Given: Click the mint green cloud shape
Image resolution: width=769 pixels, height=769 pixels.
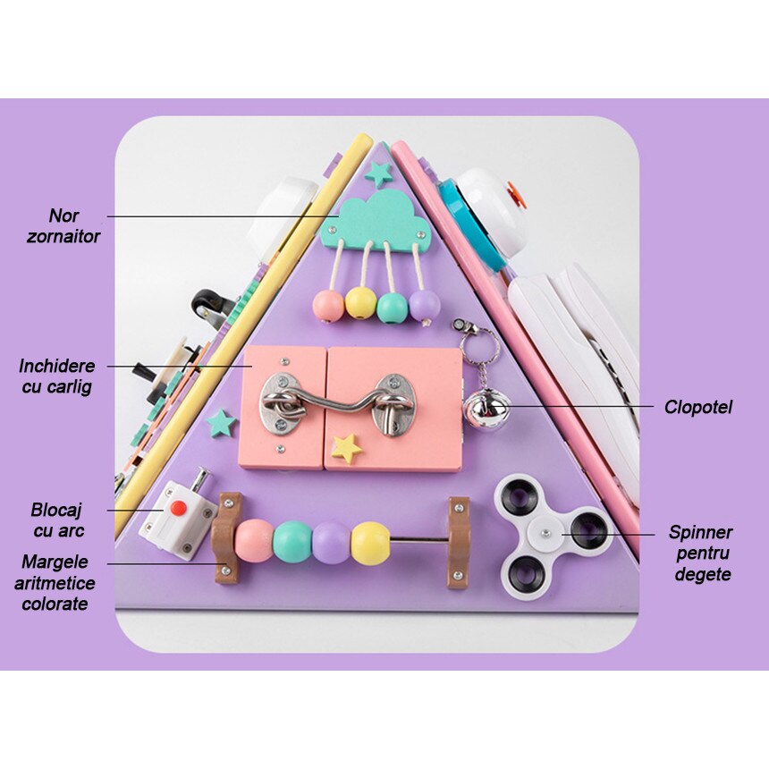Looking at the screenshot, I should tap(376, 220).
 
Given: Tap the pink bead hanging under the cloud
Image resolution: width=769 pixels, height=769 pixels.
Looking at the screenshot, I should tap(328, 306).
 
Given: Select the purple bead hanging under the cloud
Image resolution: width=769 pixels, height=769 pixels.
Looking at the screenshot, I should tap(424, 305).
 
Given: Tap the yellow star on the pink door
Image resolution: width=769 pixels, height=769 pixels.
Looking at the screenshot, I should tap(345, 447).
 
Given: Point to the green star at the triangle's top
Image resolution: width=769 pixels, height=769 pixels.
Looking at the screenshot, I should tap(379, 173).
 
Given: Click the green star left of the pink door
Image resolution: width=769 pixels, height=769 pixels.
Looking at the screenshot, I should tap(220, 422).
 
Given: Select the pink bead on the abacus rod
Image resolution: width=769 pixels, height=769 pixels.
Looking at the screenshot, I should tap(254, 540).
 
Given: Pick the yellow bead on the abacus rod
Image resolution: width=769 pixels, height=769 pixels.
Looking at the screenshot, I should tap(370, 543).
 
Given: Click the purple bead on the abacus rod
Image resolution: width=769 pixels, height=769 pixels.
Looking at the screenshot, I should tap(331, 542).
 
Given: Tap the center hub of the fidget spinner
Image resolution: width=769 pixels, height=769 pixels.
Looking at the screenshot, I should tap(545, 534).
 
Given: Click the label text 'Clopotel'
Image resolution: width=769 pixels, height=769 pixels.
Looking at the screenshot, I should tap(697, 408).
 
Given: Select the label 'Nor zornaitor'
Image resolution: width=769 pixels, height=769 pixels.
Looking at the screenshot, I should tap(75, 226).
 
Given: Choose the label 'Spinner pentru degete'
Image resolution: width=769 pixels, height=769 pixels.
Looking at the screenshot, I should tap(700, 554).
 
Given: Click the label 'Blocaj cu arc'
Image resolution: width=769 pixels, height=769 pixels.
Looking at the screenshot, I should tap(56, 519).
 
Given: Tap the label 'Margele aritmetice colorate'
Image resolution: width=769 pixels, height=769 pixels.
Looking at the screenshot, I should tap(56, 582).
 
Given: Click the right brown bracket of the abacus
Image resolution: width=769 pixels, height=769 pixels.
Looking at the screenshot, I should tap(458, 543).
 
